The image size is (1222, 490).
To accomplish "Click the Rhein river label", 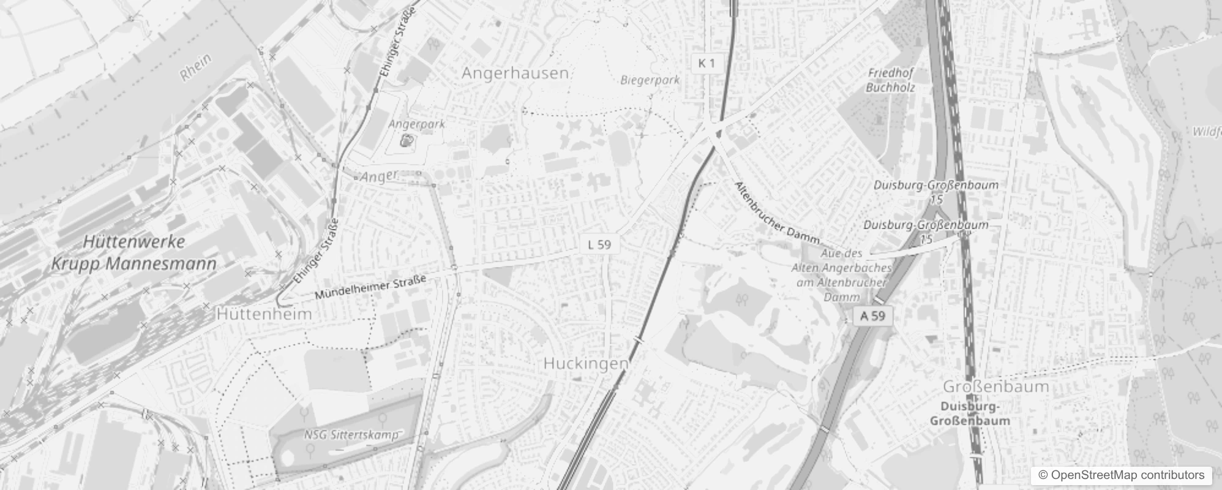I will point(197,67).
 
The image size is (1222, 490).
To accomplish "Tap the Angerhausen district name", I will point(515,73).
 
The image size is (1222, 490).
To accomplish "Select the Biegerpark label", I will point(650,80).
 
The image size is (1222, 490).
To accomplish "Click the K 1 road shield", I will point(706,62).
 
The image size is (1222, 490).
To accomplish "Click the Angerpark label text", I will point(417,124).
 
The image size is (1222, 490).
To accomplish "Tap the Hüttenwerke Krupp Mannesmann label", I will point(134,253).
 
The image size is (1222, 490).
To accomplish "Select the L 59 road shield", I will point(599,244).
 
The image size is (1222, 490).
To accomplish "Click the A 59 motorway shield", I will point(872,316).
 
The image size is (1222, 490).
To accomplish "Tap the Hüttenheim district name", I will point(264,314).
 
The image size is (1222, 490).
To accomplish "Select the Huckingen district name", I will point(585,363).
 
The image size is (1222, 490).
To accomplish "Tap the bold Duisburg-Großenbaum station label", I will point(970,413).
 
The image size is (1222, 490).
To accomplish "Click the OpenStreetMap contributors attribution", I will point(1122,475).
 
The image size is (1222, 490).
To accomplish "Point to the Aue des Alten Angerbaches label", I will point(841,275).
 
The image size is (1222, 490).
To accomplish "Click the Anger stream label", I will point(380,177).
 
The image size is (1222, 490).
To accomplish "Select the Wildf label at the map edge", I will point(1206,132).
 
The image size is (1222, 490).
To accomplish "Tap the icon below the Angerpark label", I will point(405,141).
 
